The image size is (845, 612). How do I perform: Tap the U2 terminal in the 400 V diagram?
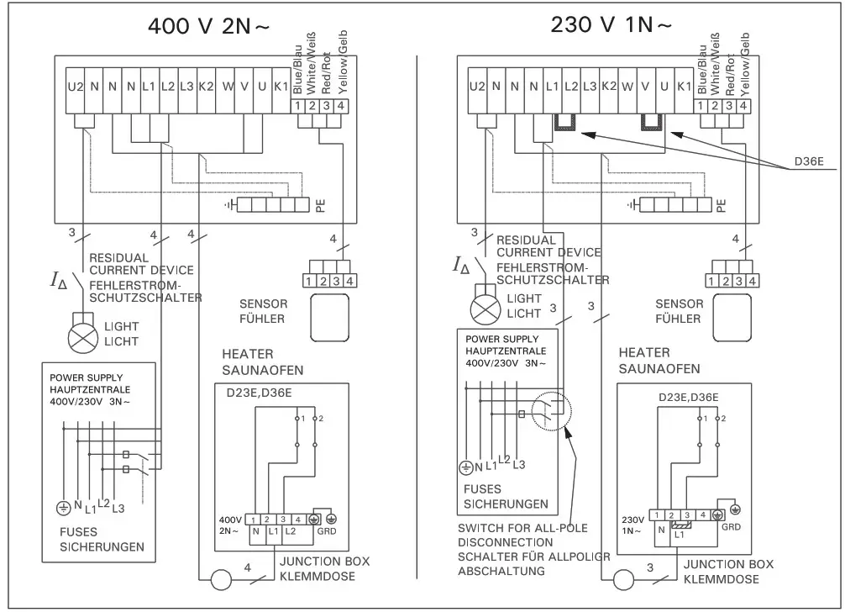coord(75,86)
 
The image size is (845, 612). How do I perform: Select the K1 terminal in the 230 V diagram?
coord(684,86)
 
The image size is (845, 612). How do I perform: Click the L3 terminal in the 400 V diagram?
coord(186,86)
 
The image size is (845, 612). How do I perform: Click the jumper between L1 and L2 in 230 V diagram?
coord(564,124)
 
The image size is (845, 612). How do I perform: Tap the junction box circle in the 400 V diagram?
coord(223,580)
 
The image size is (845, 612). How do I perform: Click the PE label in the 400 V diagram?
coord(320,205)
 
